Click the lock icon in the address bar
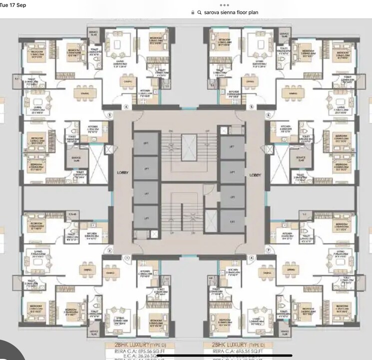(x=193, y=12)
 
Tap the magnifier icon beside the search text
(x=199, y=12)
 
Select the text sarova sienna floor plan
(x=231, y=12)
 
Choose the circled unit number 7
(x=268, y=249)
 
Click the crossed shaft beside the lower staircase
(x=212, y=219)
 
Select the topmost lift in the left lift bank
(x=146, y=144)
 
